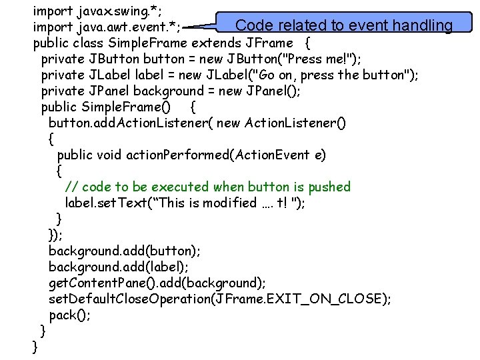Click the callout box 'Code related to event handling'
point(344,25)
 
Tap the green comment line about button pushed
point(207,187)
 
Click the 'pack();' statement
point(70,315)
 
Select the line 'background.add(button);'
point(125,251)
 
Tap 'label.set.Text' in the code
point(109,203)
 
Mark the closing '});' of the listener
point(56,235)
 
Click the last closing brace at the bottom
point(35,347)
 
